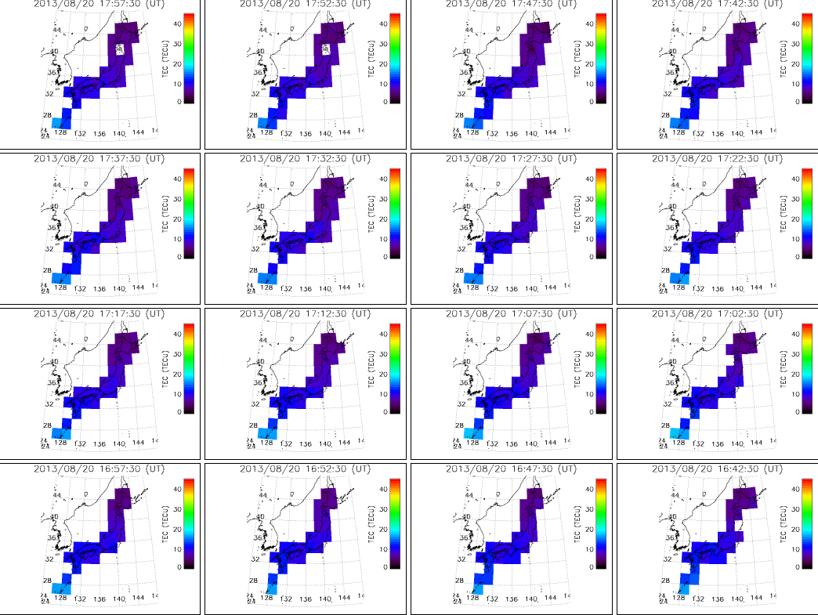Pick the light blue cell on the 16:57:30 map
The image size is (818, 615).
(60, 588)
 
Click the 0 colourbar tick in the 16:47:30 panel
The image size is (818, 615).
(589, 566)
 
